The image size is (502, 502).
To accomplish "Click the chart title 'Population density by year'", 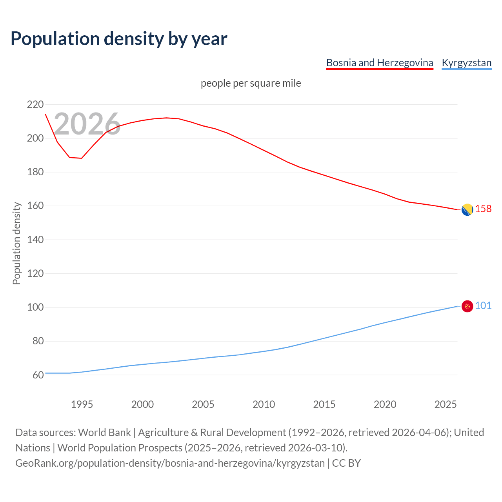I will [x=119, y=39].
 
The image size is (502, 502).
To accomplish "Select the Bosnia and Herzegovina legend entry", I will [x=380, y=63].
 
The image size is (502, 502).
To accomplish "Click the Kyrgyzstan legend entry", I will [x=466, y=63].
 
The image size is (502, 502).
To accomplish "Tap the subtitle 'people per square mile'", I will [x=251, y=83].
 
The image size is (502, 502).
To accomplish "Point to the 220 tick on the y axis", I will [x=35, y=105].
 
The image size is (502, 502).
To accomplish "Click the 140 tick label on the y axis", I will [x=35, y=240].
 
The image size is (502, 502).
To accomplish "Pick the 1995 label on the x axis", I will [x=82, y=404].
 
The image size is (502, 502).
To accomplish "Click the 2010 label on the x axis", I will [x=264, y=404].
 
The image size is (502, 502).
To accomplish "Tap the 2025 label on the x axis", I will [x=446, y=404].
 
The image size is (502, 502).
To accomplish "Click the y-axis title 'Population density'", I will [x=16, y=243].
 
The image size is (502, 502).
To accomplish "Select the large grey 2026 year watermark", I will [x=87, y=124].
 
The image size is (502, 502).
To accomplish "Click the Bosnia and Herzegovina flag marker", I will [x=467, y=210].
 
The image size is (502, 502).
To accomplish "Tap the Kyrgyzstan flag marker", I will [x=467, y=306].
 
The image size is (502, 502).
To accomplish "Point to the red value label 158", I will [x=483, y=209].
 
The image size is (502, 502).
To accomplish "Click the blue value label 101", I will [x=483, y=306].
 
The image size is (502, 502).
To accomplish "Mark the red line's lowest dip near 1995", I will [x=82, y=158].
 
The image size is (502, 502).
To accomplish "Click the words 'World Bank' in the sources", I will [x=104, y=432].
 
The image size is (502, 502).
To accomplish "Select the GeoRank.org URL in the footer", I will [x=170, y=463].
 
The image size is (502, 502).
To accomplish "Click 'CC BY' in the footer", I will [x=346, y=463].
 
